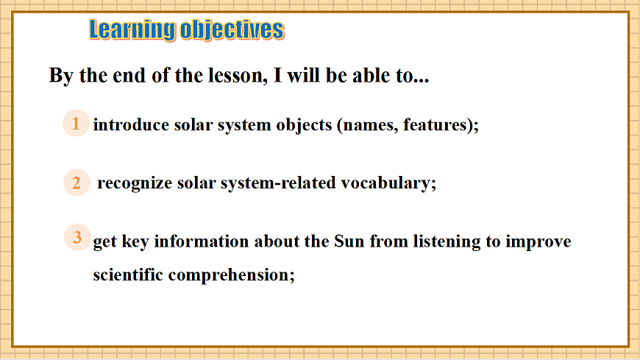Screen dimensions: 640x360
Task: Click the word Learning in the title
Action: click(x=132, y=30)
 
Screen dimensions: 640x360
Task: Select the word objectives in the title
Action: click(x=232, y=30)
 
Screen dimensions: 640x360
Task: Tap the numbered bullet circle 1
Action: click(x=76, y=123)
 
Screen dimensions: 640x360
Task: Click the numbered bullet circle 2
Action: click(x=77, y=183)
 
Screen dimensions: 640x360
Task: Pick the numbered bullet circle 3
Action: click(x=77, y=237)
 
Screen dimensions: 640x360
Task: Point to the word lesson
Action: click(x=238, y=75)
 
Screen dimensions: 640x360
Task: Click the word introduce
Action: click(x=131, y=124)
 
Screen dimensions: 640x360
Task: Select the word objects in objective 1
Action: click(x=304, y=125)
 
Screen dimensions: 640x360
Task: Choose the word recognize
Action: click(x=135, y=183)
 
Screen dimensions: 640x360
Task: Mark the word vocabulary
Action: click(x=385, y=183)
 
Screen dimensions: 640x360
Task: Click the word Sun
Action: click(x=349, y=241)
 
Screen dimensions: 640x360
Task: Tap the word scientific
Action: click(x=128, y=275)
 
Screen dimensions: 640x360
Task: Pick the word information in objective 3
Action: click(x=202, y=241)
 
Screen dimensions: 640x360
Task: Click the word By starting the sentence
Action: click(x=61, y=76)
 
